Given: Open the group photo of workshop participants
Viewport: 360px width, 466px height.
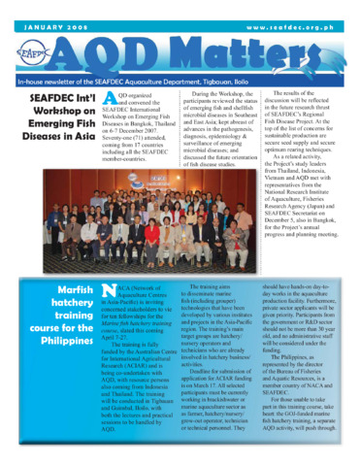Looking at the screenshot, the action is click(180, 223).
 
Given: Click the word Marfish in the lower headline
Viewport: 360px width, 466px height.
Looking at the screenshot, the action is click(66, 290).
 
